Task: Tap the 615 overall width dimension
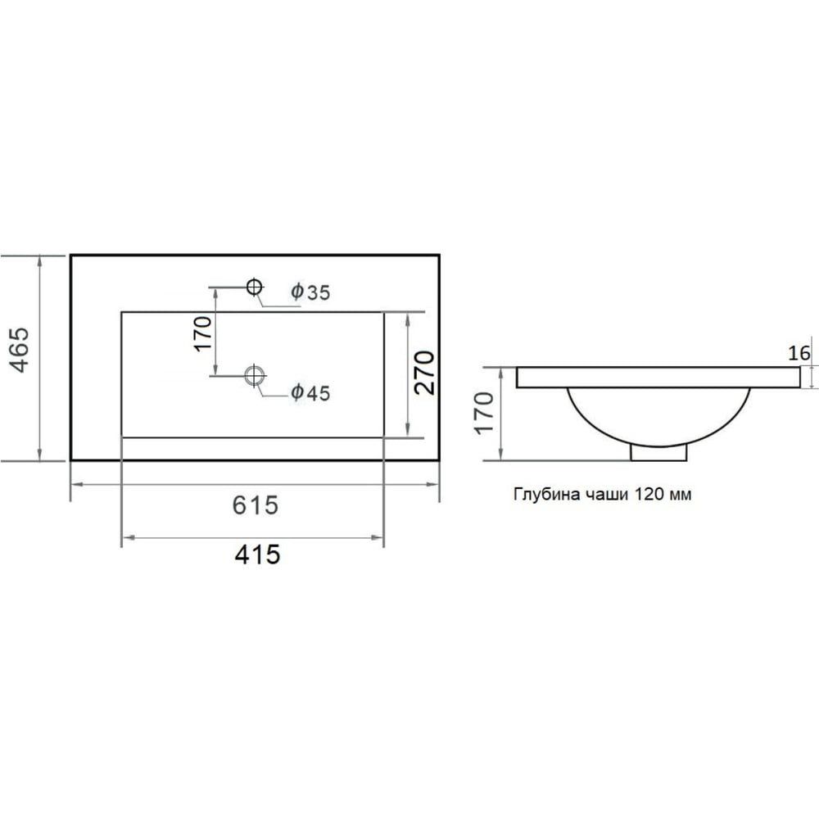[256, 505]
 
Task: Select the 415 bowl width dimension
[257, 554]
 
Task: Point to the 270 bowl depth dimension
[424, 373]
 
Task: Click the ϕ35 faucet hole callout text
[310, 292]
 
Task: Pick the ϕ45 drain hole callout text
[310, 392]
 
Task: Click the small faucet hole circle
[255, 287]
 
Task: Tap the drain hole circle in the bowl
[255, 375]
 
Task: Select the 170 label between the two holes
[203, 333]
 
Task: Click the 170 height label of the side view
[484, 413]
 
